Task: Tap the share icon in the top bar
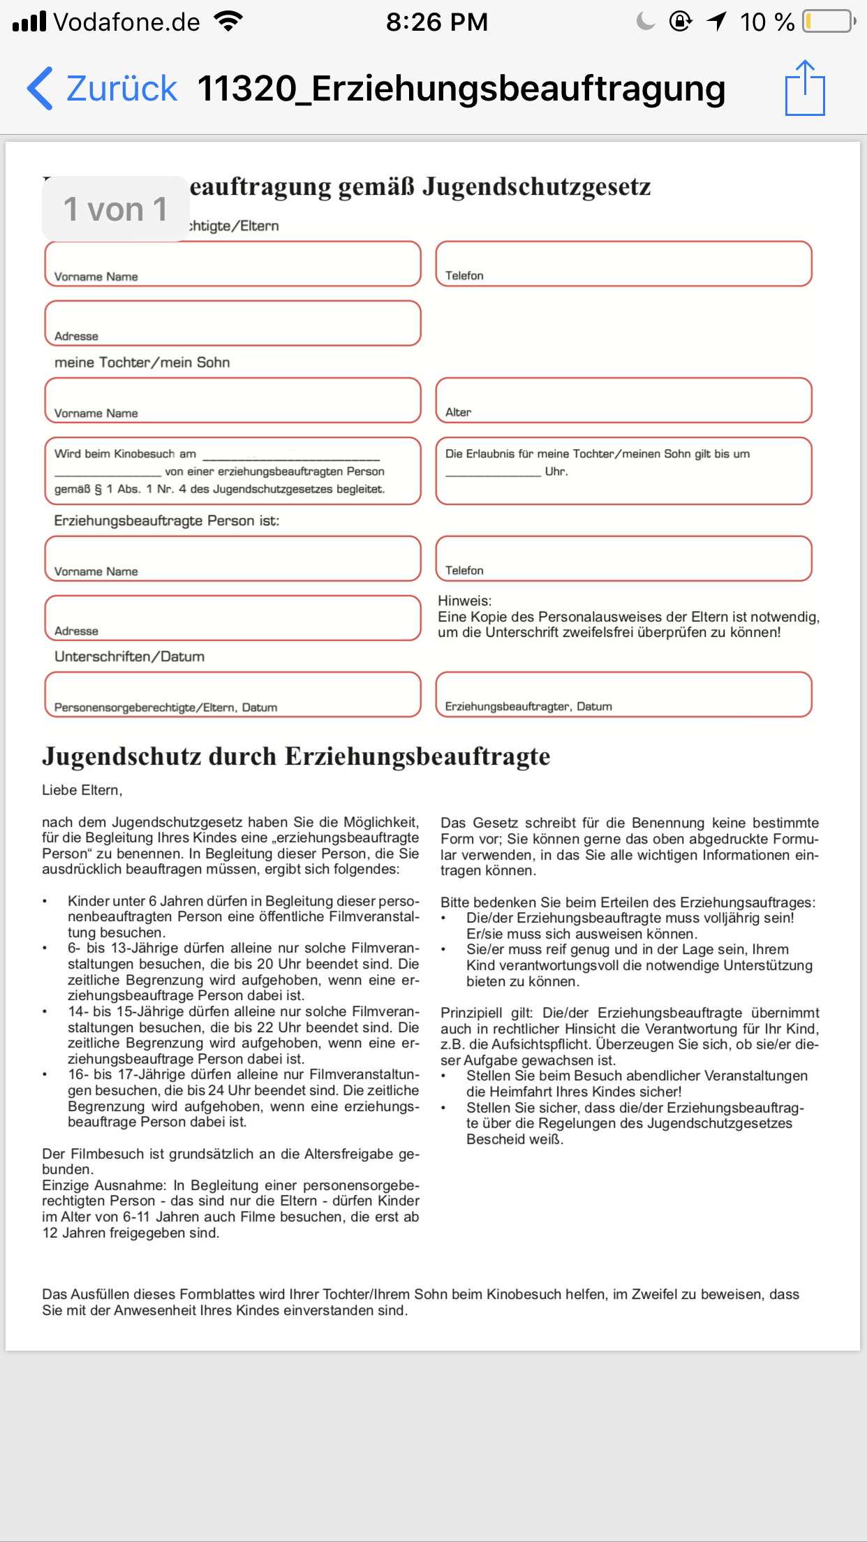click(805, 88)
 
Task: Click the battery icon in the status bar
click(829, 22)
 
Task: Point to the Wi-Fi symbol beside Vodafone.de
click(228, 21)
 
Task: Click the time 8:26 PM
click(437, 22)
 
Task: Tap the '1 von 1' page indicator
click(115, 209)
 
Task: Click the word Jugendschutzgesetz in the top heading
click(537, 186)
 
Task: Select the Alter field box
click(623, 400)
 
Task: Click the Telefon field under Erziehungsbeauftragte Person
click(623, 558)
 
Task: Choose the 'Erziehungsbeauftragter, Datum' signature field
click(623, 694)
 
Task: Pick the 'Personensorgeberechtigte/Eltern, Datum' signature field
click(232, 694)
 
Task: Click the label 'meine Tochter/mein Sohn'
click(142, 362)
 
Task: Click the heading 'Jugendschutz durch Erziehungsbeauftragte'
click(296, 756)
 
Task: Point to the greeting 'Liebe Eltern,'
click(82, 790)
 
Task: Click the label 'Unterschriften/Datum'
click(129, 656)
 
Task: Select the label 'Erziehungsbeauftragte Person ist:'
click(166, 521)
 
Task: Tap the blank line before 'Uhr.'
click(493, 472)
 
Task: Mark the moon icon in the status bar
click(646, 22)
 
